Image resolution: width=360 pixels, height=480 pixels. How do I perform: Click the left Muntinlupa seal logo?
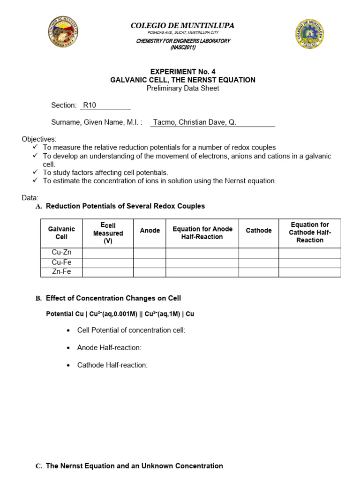tap(63, 32)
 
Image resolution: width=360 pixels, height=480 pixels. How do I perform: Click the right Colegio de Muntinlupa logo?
tap(309, 34)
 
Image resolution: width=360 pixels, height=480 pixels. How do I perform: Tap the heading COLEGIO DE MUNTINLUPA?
tap(183, 26)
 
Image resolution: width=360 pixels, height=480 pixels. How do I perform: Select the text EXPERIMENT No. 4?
tap(183, 72)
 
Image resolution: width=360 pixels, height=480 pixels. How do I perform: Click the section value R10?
tap(90, 105)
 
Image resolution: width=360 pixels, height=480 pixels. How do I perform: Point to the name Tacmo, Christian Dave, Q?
tap(195, 122)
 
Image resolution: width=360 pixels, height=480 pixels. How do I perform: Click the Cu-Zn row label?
tap(61, 253)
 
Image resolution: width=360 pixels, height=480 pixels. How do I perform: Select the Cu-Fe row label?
tap(61, 262)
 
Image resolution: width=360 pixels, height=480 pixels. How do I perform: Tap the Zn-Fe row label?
tap(61, 272)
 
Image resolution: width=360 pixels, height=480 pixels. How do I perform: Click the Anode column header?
tap(150, 231)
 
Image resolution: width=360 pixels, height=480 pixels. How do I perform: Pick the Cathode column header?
tap(259, 231)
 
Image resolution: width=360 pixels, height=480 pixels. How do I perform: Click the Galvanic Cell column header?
tap(61, 233)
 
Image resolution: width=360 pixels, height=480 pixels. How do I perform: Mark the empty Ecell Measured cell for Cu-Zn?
tap(108, 253)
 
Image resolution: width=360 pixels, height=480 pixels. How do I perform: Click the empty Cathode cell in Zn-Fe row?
tap(259, 272)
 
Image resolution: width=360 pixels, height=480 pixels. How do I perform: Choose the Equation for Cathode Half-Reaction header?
tap(310, 232)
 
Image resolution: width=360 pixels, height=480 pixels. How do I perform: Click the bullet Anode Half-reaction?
tap(109, 348)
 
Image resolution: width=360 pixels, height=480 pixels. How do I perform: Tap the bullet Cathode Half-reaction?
tap(112, 365)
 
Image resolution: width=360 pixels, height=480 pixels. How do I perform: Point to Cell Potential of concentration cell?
tap(131, 330)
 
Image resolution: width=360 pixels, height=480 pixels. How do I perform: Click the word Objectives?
tap(39, 139)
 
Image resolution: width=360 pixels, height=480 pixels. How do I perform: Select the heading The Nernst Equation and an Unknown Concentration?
tap(134, 466)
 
